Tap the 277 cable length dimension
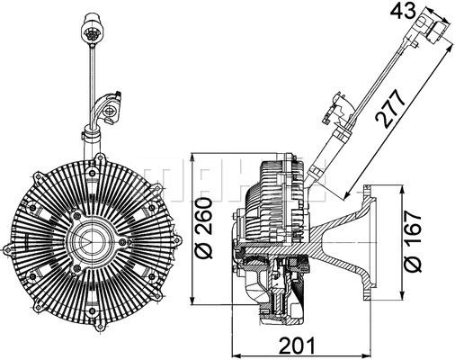[387, 111]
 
